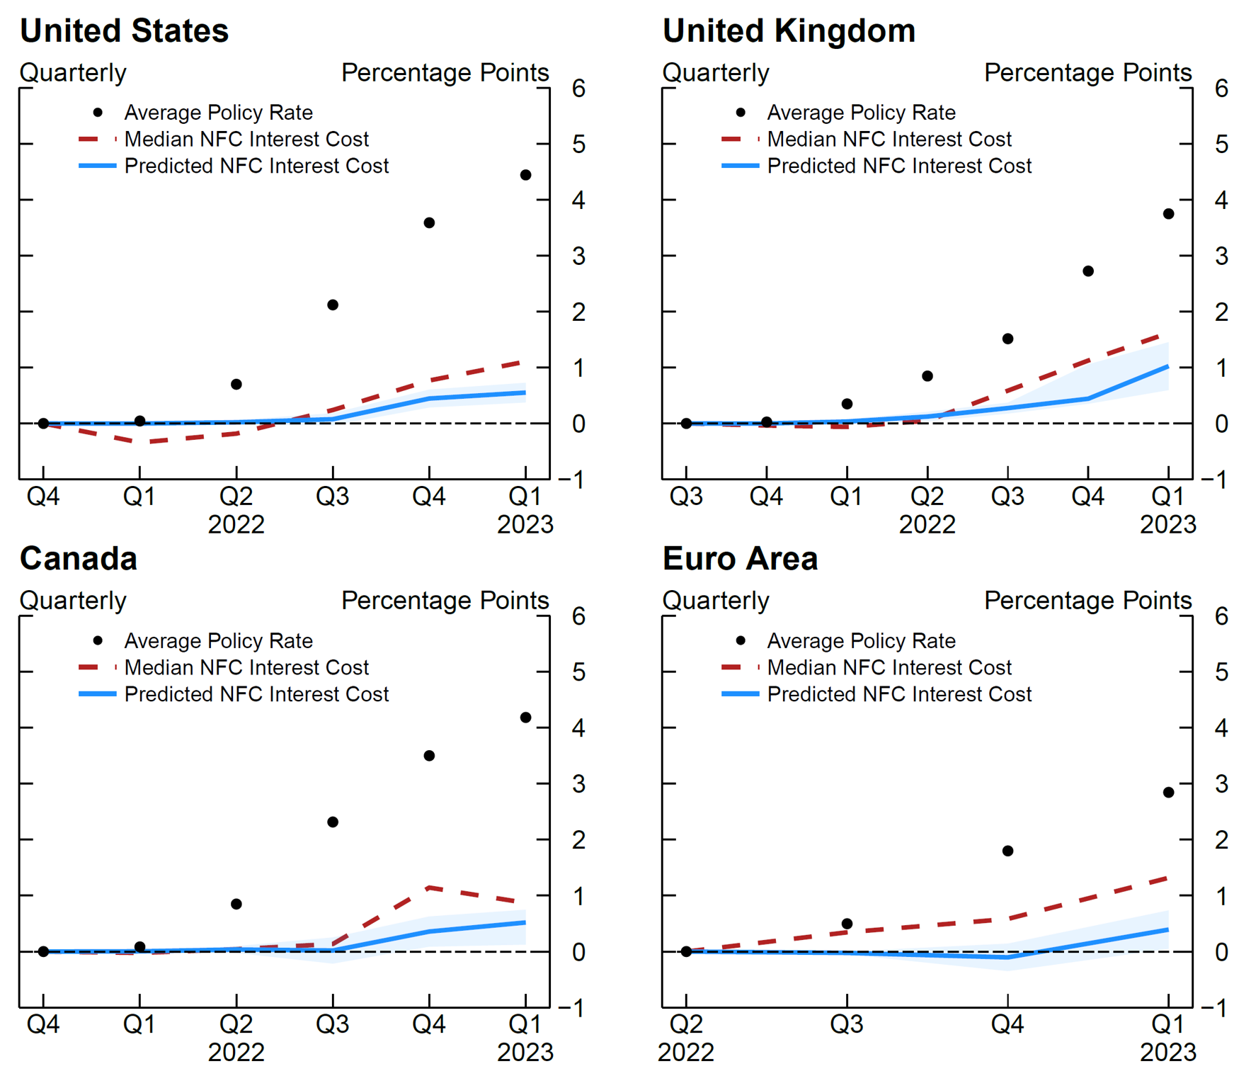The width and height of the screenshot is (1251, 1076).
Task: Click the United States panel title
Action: (x=124, y=31)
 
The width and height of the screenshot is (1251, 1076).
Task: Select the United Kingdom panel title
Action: (x=788, y=31)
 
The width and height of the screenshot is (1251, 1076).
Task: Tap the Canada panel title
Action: (x=79, y=559)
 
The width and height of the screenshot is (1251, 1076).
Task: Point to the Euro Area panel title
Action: (x=740, y=559)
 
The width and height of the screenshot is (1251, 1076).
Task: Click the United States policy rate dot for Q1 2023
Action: (x=525, y=175)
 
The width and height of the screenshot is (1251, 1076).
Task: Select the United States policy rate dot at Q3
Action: (x=333, y=305)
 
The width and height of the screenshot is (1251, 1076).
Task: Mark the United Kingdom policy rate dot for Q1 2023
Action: (x=1168, y=214)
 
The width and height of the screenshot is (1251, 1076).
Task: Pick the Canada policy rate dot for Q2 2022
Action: (x=236, y=904)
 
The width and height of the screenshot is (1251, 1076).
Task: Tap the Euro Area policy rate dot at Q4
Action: (x=1007, y=851)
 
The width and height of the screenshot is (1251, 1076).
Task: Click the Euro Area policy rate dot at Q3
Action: (x=847, y=924)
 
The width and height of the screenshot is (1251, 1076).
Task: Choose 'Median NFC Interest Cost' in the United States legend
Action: (x=246, y=140)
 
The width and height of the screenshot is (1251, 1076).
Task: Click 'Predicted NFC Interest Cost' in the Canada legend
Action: (x=256, y=694)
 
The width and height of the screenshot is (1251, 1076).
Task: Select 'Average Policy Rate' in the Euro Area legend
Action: (x=861, y=641)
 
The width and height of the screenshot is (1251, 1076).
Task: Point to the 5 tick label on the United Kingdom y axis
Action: (x=1221, y=145)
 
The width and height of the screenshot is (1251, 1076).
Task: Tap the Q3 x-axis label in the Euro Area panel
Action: (x=847, y=1024)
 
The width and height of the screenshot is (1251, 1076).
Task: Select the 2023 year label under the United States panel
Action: (x=525, y=525)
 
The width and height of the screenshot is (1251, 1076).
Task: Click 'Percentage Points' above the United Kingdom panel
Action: (x=1087, y=73)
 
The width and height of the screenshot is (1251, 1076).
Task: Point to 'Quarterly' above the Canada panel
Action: (x=73, y=601)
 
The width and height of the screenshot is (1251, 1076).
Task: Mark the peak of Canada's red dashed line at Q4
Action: (x=429, y=887)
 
